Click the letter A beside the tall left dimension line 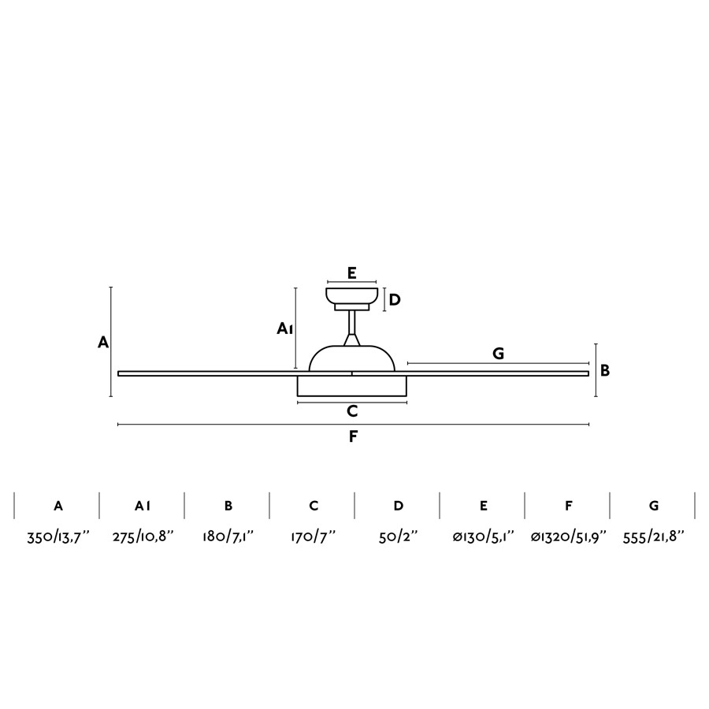click(103, 343)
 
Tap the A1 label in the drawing click(285, 329)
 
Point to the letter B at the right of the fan click(605, 370)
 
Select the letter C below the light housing click(352, 411)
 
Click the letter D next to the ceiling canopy click(395, 299)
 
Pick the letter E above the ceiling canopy click(352, 273)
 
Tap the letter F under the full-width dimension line click(353, 436)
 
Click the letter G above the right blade click(498, 353)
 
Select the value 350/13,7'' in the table click(58, 537)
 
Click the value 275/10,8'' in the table click(143, 537)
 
